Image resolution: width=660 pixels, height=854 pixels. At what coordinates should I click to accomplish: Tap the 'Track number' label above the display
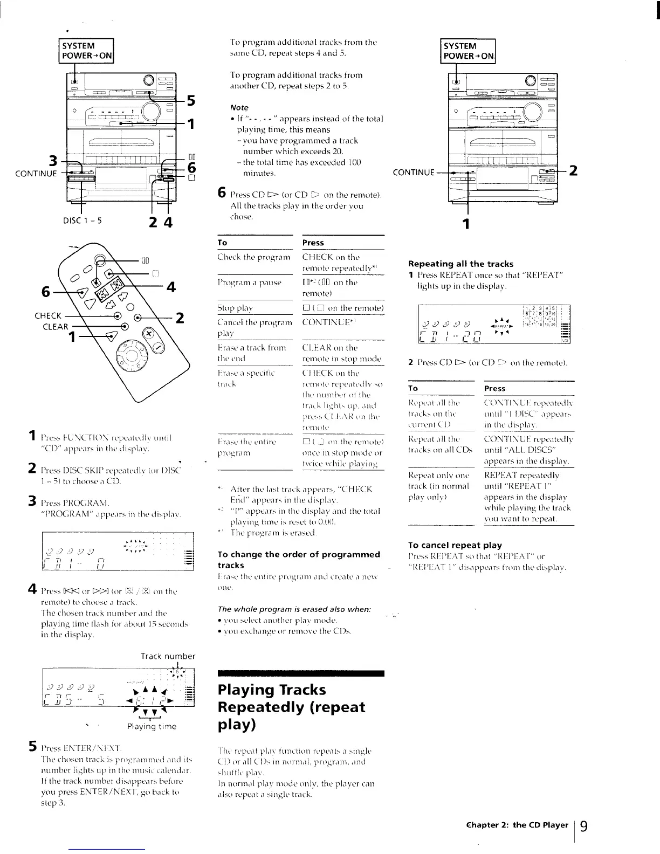167,656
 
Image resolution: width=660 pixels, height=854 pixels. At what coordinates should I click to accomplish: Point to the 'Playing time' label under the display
152,726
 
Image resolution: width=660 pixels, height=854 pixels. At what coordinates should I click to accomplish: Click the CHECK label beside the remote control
48,315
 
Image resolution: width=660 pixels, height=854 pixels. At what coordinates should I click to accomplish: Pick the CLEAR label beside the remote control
56,326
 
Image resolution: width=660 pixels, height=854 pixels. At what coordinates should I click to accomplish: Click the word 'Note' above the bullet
239,107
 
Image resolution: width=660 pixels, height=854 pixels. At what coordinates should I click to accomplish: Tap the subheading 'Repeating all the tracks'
460,264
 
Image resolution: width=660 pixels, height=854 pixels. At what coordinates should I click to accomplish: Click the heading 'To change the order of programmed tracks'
298,560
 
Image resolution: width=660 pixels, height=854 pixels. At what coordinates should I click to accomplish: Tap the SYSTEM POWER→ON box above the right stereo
467,51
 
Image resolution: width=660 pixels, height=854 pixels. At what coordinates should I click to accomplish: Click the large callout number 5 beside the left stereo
190,101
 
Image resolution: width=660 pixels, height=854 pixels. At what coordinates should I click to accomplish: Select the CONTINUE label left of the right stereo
414,173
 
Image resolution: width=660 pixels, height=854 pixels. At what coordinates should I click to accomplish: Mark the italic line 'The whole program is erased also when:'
294,609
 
